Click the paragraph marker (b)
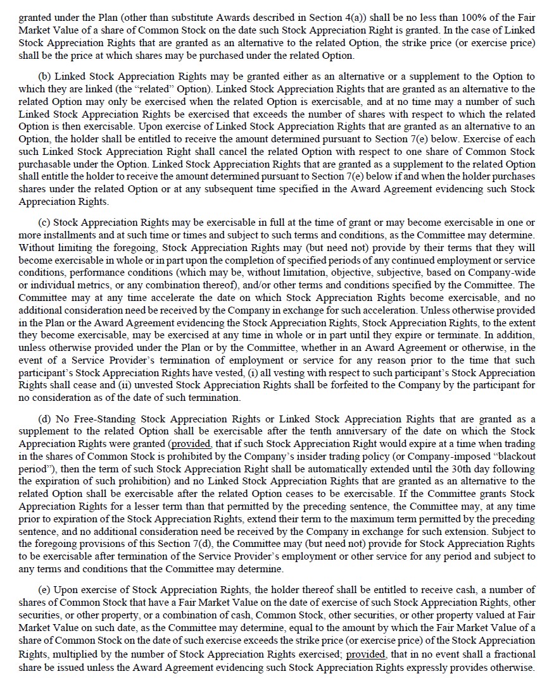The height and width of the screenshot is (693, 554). pos(45,77)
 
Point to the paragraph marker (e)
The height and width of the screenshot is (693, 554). pos(45,590)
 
